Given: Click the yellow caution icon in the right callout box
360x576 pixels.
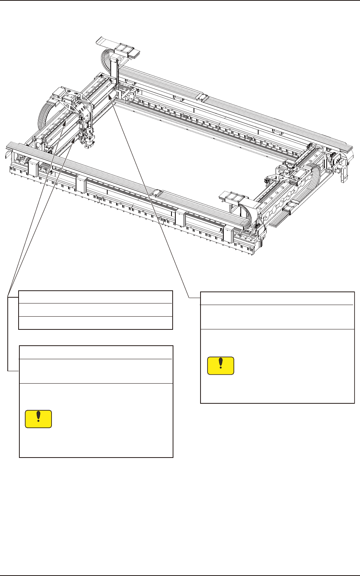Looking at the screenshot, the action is pyautogui.click(x=221, y=366).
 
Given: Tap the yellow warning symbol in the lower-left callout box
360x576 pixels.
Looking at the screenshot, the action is pyautogui.click(x=38, y=419).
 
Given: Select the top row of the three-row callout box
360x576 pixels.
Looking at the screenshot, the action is pyautogui.click(x=96, y=297).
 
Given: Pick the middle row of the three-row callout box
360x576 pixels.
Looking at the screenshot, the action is pyautogui.click(x=96, y=310).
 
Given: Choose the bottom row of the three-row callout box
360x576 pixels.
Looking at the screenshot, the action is pyautogui.click(x=96, y=323).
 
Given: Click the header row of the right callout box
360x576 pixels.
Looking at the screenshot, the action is pyautogui.click(x=277, y=298).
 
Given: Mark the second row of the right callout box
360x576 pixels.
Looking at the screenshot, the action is pyautogui.click(x=277, y=317).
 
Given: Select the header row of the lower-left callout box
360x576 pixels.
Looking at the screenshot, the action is pyautogui.click(x=96, y=352).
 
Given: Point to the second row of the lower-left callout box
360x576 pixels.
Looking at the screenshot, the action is pyautogui.click(x=96, y=371).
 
